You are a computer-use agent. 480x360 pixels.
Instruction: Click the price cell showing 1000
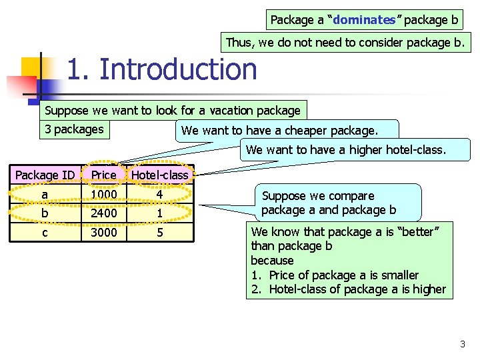(104, 194)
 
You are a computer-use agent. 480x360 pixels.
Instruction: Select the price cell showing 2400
(104, 213)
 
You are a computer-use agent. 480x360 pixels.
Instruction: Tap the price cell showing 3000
(104, 233)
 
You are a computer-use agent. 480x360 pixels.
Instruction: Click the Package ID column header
(45, 175)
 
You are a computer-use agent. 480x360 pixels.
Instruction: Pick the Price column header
(104, 175)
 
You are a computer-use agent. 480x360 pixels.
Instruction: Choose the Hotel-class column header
(160, 175)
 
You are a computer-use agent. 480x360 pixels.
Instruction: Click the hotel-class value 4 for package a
(159, 194)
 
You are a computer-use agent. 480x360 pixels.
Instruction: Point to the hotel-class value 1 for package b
(159, 213)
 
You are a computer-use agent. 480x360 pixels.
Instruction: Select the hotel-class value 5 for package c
(159, 233)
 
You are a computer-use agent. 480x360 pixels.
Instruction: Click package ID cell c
(45, 233)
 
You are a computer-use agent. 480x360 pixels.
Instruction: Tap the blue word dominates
(364, 20)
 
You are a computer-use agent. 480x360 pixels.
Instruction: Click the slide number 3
(463, 344)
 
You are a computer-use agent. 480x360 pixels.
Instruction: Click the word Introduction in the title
(177, 69)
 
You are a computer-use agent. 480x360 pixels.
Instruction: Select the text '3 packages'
(74, 129)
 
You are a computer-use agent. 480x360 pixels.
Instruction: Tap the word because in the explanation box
(272, 261)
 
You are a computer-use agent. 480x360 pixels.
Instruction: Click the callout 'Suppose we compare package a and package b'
(329, 203)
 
